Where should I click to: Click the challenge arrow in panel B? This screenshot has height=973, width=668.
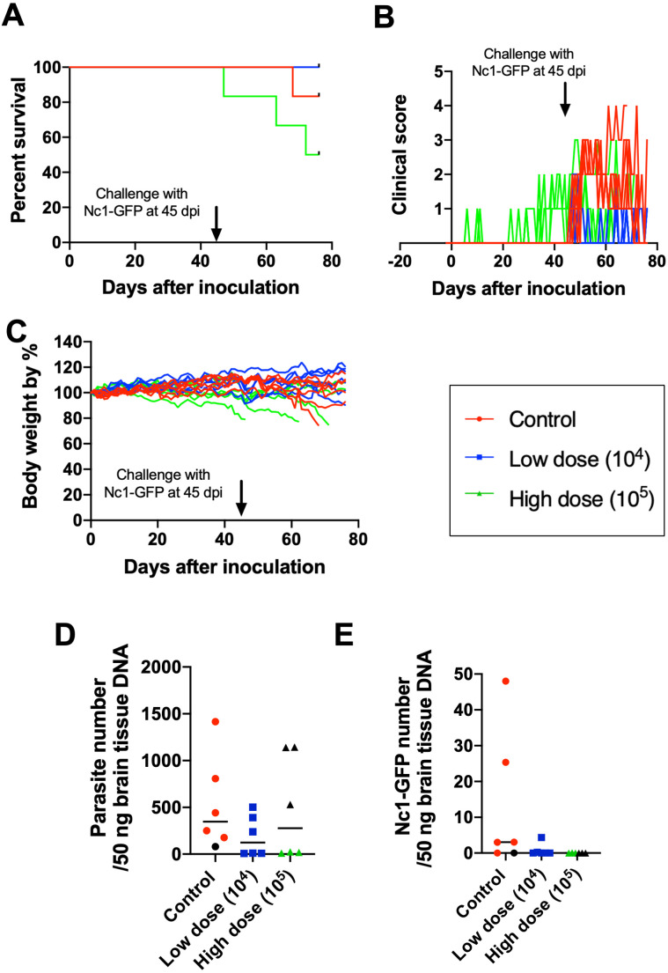pyautogui.click(x=565, y=103)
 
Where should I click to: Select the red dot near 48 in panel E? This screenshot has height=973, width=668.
pyautogui.click(x=506, y=681)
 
